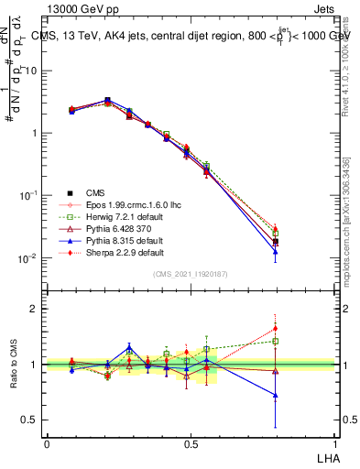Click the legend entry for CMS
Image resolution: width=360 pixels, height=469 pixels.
pyautogui.click(x=96, y=192)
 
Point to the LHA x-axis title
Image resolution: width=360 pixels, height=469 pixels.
pyautogui.click(x=326, y=457)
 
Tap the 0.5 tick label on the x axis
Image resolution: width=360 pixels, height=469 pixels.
pyautogui.click(x=191, y=443)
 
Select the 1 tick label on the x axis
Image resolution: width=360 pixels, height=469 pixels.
pyautogui.click(x=335, y=443)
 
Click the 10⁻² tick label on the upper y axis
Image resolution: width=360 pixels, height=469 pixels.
pyautogui.click(x=27, y=258)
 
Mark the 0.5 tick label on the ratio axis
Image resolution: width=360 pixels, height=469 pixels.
pyautogui.click(x=30, y=420)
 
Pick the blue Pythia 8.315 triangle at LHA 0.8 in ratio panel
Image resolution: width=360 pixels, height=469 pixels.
pyautogui.click(x=277, y=396)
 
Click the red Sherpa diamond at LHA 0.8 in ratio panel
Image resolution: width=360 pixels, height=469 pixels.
pyautogui.click(x=277, y=328)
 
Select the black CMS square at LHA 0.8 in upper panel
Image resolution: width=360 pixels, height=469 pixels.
pyautogui.click(x=277, y=242)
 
